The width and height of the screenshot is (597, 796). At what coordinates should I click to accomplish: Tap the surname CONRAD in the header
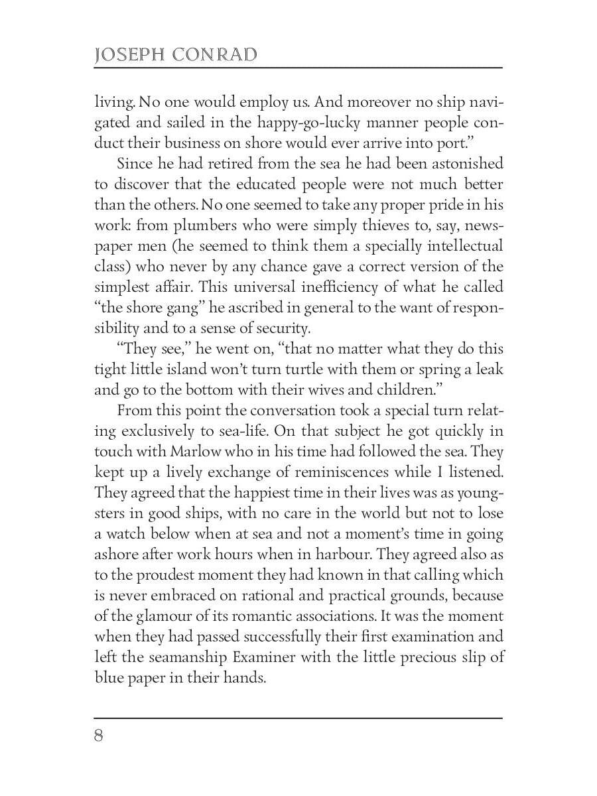click(214, 55)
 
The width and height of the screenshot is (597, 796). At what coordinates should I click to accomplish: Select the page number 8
click(99, 736)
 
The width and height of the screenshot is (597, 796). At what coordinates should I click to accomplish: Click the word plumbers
click(185, 226)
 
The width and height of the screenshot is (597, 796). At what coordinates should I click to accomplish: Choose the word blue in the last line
click(108, 679)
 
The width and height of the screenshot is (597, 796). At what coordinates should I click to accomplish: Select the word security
click(278, 328)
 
